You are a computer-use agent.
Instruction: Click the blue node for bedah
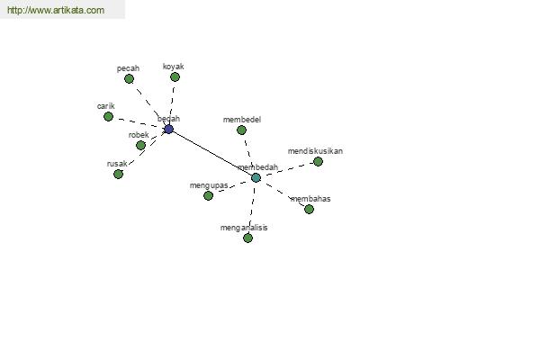tap(169, 130)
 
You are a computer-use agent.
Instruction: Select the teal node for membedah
tap(256, 178)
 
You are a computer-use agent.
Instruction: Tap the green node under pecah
tap(129, 79)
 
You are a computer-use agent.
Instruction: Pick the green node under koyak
tap(175, 76)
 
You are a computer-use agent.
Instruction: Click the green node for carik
tap(109, 116)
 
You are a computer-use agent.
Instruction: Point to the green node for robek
tap(140, 146)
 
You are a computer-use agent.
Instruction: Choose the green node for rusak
tap(119, 174)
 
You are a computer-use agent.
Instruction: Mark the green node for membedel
tap(241, 130)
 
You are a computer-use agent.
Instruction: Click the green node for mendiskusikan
tap(318, 162)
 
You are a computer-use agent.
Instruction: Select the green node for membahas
tap(309, 209)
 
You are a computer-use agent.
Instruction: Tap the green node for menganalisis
tap(248, 238)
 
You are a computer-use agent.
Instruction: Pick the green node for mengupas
tap(209, 195)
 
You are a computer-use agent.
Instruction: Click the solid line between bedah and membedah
tap(212, 153)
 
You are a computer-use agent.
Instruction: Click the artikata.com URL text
tap(56, 10)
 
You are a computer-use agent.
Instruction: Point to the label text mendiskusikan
tap(315, 151)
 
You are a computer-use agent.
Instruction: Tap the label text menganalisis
tap(244, 228)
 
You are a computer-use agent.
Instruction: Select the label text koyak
tap(173, 67)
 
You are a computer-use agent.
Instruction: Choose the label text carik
tap(105, 106)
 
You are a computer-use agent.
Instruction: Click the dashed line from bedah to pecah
tap(148, 104)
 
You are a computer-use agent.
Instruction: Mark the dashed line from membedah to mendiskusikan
tap(287, 169)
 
